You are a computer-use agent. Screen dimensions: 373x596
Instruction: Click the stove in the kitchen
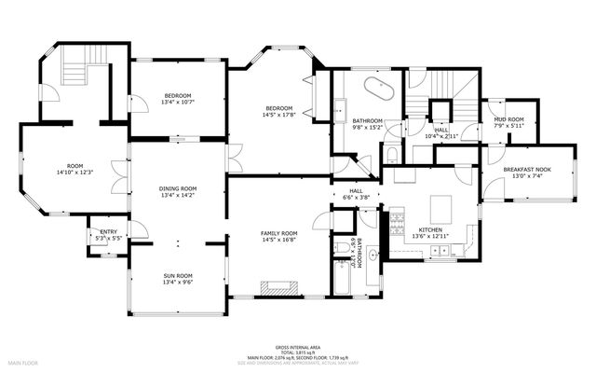point(397,222)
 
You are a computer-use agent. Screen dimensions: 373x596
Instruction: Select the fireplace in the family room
point(279,286)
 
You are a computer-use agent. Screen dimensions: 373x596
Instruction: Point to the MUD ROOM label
point(508,120)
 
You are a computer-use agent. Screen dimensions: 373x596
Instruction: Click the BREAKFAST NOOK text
point(527,169)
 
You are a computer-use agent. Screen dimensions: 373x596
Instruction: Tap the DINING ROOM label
point(177,189)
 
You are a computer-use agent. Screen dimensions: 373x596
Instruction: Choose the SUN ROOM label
point(177,276)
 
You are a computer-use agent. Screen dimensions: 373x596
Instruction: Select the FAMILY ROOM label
point(278,233)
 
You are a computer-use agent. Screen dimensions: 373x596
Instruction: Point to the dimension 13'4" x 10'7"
point(177,104)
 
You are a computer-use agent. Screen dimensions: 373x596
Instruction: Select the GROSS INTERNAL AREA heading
point(297,343)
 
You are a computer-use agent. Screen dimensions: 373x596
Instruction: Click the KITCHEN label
point(429,229)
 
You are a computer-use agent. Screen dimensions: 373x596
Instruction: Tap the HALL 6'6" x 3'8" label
point(356,192)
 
